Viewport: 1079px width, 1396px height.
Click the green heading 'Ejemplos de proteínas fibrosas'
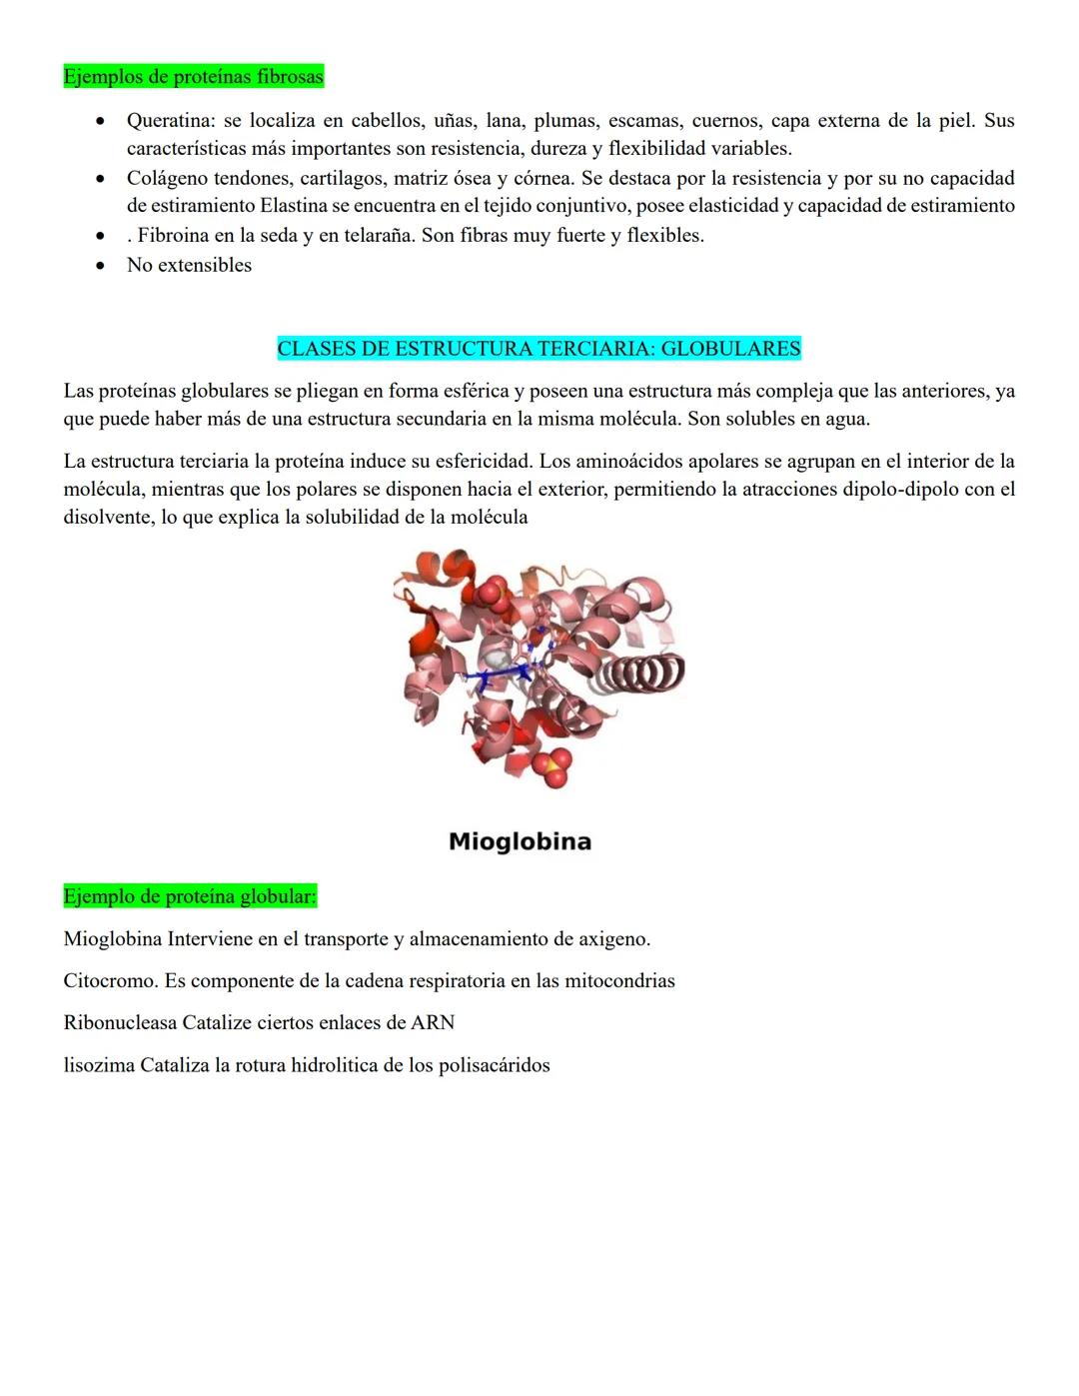click(193, 77)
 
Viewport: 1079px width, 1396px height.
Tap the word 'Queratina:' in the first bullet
click(171, 121)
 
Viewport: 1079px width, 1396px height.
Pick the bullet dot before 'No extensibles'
click(100, 266)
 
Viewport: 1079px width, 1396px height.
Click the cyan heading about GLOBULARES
click(539, 349)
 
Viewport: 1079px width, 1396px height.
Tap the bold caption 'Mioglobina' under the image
click(520, 841)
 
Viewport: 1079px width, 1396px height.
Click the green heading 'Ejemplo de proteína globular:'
click(190, 896)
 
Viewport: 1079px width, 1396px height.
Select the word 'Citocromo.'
click(111, 981)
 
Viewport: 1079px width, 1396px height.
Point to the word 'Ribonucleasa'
click(120, 1023)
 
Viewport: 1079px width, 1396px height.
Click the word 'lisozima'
click(99, 1065)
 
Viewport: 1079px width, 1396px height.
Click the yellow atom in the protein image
click(547, 764)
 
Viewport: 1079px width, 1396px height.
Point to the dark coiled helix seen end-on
click(645, 673)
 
